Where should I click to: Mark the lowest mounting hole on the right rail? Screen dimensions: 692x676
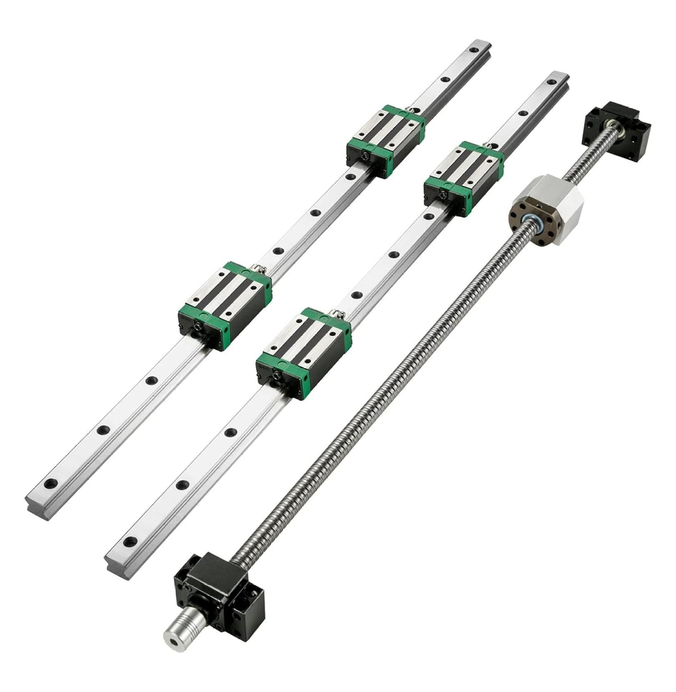click(131, 542)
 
